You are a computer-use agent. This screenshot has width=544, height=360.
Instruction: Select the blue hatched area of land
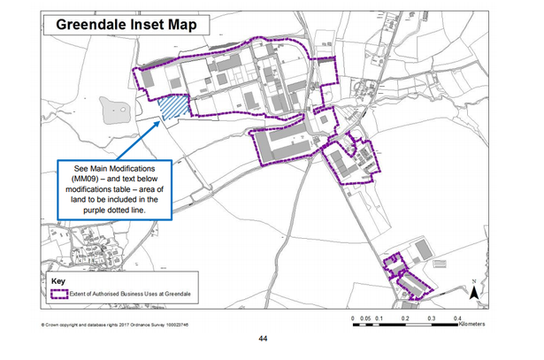tap(173, 107)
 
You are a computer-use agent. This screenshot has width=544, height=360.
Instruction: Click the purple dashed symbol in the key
tap(59, 295)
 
